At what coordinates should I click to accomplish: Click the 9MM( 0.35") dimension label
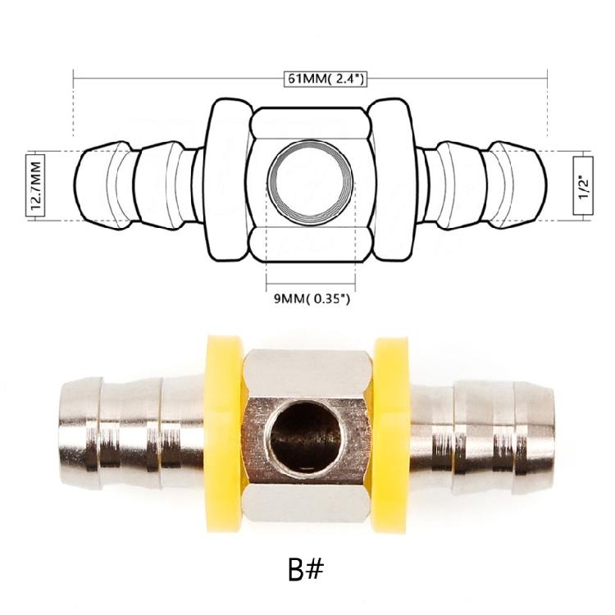[x=312, y=298]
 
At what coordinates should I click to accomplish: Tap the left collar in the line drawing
[x=227, y=184]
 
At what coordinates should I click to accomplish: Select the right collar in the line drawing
[x=389, y=184]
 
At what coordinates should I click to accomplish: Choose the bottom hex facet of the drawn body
[x=308, y=244]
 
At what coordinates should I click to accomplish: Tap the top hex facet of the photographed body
[x=307, y=369]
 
